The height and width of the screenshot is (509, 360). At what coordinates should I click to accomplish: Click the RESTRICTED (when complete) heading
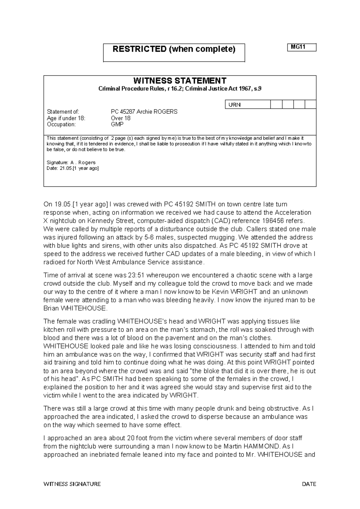pos(174,49)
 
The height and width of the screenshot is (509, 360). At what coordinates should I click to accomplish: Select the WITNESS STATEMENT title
pos(180,81)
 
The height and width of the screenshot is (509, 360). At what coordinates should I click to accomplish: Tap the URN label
pos(235,105)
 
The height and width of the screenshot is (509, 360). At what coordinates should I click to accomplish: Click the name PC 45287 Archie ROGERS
pos(144,112)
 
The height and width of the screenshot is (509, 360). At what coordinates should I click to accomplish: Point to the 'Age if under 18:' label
pos(66,118)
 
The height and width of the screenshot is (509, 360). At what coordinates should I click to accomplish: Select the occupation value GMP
pos(117,125)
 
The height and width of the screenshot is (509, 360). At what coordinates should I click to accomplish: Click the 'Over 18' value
pos(121,118)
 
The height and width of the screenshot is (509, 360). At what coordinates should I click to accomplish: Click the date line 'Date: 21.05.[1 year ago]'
pos(73,168)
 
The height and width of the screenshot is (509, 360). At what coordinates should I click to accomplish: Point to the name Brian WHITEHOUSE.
pos(75,308)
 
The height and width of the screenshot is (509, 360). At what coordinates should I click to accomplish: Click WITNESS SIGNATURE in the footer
pos(72,484)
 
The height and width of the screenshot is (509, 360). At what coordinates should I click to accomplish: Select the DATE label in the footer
pos(309,484)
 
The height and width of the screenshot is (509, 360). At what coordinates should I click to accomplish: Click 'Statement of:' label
pos(63,112)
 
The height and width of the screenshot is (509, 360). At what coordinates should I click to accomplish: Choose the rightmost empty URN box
pos(310,104)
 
